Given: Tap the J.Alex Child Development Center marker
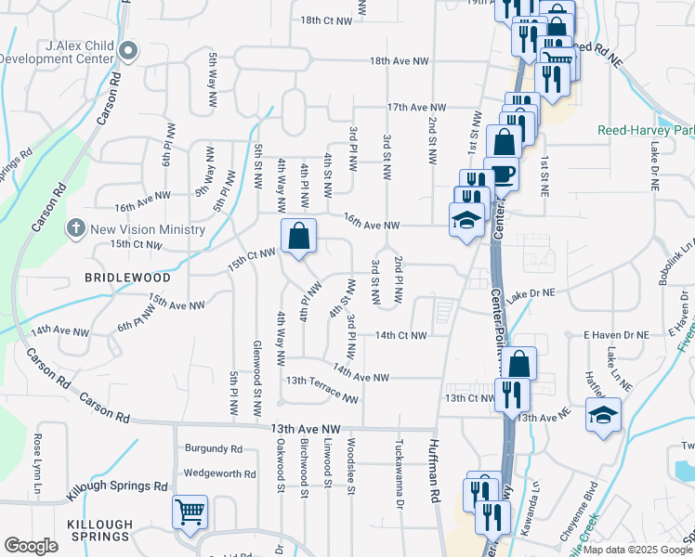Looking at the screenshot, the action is (128, 51).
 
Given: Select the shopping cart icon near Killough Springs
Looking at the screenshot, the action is (190, 512).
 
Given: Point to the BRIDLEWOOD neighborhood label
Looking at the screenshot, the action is (128, 278).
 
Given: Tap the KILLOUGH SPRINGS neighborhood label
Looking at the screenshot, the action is (98, 530).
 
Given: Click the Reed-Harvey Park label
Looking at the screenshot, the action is (645, 130).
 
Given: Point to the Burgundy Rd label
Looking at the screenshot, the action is (213, 448).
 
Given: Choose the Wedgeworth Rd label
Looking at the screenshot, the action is (219, 473).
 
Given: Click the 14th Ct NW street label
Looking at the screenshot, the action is (400, 335).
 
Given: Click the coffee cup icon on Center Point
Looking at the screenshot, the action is (502, 174).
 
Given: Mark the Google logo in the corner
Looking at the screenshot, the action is (31, 546).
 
